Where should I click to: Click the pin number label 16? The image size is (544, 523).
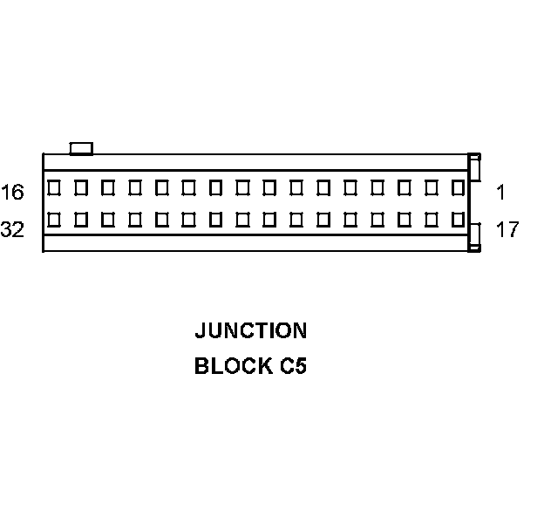pyautogui.click(x=13, y=191)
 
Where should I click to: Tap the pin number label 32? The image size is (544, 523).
pyautogui.click(x=13, y=230)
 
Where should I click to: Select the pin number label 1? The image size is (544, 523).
pyautogui.click(x=501, y=191)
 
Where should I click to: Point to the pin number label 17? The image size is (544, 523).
pyautogui.click(x=507, y=230)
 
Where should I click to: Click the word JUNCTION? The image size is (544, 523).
pyautogui.click(x=250, y=331)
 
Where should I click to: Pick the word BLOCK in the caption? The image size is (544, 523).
pyautogui.click(x=232, y=366)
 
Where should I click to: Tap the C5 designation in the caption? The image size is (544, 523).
pyautogui.click(x=293, y=366)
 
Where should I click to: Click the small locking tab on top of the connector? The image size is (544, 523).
pyautogui.click(x=81, y=148)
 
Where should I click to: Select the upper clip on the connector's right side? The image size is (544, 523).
pyautogui.click(x=474, y=169)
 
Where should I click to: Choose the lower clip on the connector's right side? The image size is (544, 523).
pyautogui.click(x=474, y=237)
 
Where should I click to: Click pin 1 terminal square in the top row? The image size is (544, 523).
pyautogui.click(x=458, y=187)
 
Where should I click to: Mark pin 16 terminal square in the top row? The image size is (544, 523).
pyautogui.click(x=54, y=187)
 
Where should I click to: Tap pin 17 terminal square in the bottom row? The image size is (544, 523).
pyautogui.click(x=458, y=219)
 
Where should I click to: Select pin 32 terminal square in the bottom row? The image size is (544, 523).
pyautogui.click(x=54, y=219)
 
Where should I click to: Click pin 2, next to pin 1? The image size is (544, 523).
pyautogui.click(x=431, y=187)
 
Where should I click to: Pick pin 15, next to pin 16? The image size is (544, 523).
pyautogui.click(x=81, y=187)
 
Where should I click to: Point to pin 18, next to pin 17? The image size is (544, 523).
pyautogui.click(x=431, y=219)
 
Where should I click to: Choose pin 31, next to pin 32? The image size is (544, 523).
pyautogui.click(x=81, y=219)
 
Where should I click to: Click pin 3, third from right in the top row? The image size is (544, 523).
pyautogui.click(x=404, y=187)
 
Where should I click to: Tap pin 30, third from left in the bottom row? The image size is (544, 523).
pyautogui.click(x=108, y=219)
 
